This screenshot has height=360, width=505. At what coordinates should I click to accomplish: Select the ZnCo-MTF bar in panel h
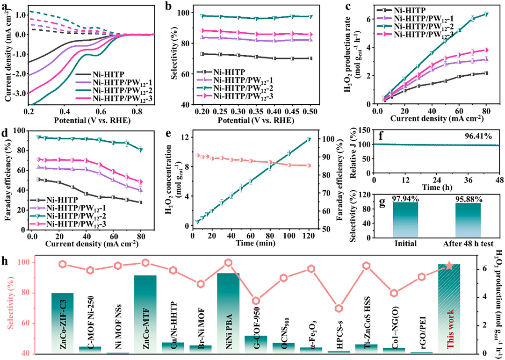(x=145, y=314)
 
